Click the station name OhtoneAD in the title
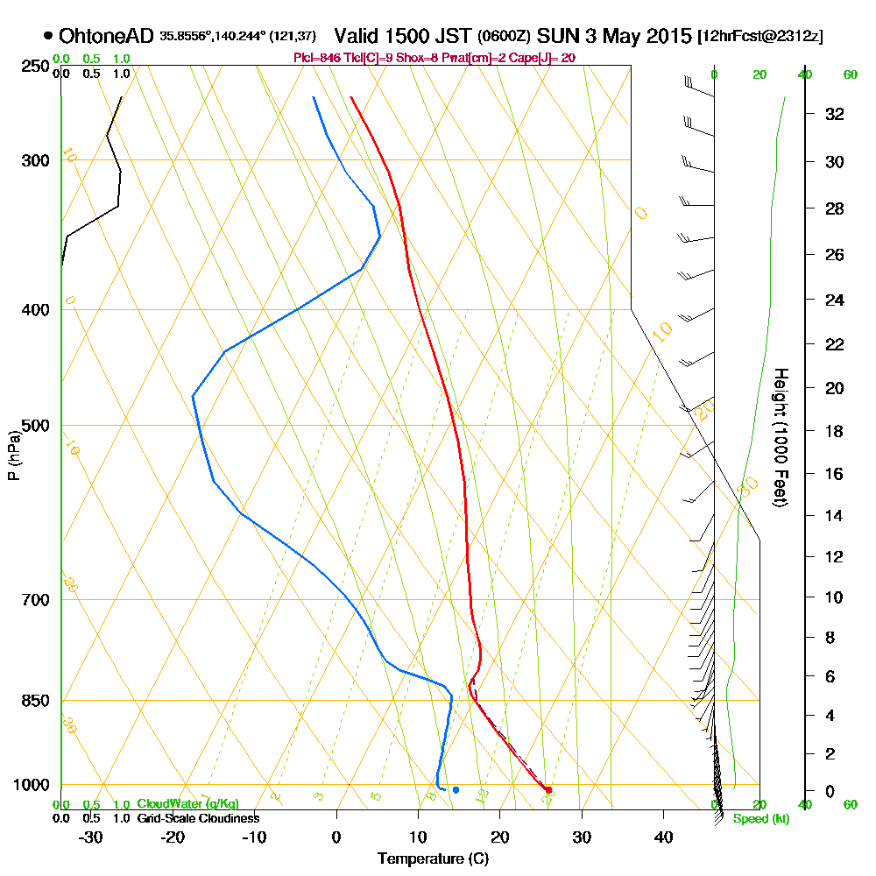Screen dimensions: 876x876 107,37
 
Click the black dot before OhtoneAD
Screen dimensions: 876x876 47,36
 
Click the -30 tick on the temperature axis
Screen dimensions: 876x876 91,837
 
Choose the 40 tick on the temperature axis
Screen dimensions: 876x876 664,837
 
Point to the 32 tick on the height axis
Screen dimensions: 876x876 834,114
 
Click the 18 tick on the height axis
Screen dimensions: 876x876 834,431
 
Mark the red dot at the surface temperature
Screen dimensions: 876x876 548,790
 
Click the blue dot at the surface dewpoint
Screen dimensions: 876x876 456,790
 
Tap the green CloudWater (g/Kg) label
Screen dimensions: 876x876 187,804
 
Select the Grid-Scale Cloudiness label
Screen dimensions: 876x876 198,818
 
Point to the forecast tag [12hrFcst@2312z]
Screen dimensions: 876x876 759,37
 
